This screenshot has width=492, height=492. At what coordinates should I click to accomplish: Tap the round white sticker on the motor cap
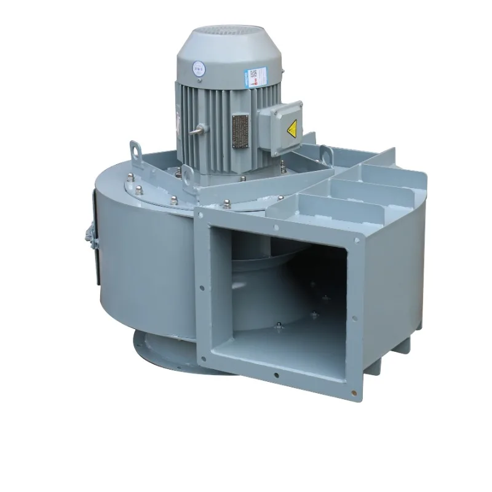199,66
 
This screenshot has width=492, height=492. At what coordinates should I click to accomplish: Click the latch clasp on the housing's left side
88,239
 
